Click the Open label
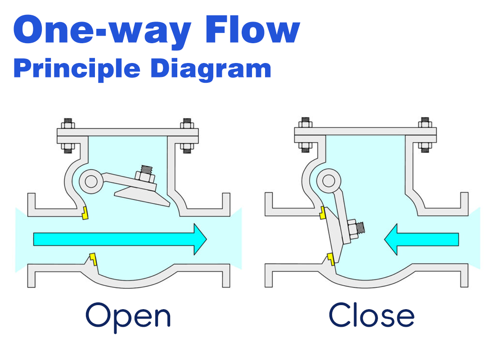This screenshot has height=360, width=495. click(128, 316)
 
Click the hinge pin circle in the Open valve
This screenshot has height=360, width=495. click(90, 181)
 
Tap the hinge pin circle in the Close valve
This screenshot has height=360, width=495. click(328, 181)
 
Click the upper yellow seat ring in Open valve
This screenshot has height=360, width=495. click(85, 213)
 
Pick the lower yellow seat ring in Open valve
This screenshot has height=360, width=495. click(93, 259)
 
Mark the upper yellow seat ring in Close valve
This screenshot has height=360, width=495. click(323, 212)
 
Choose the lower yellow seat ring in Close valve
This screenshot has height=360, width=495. click(330, 259)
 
